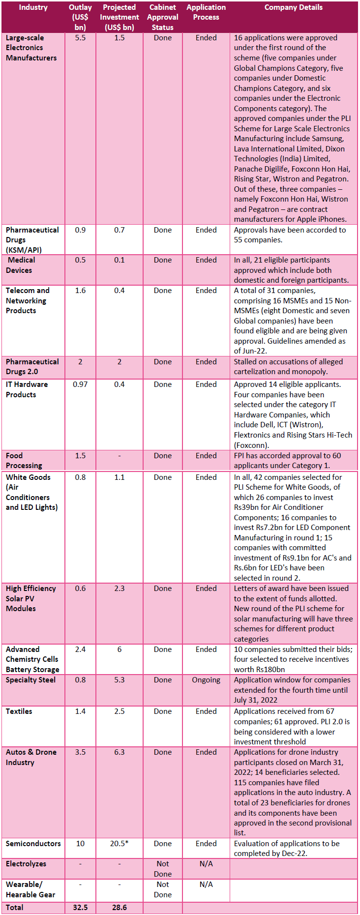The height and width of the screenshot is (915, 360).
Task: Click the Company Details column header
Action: pyautogui.click(x=293, y=7)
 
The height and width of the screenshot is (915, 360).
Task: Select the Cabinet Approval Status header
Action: pyautogui.click(x=162, y=17)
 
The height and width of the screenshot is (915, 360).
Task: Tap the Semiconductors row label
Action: pyautogui.click(x=33, y=843)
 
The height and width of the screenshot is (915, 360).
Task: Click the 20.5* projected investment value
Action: pyautogui.click(x=120, y=843)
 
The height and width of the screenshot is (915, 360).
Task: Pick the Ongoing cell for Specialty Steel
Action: pyautogui.click(x=206, y=679)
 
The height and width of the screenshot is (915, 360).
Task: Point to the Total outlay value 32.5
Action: pyautogui.click(x=80, y=907)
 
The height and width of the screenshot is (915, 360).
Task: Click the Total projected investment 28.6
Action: pyautogui.click(x=120, y=907)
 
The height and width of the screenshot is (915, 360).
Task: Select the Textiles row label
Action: pyautogui.click(x=19, y=711)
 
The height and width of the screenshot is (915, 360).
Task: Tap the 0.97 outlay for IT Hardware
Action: pyautogui.click(x=80, y=384)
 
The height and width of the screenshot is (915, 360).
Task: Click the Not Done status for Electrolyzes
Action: pyautogui.click(x=162, y=869)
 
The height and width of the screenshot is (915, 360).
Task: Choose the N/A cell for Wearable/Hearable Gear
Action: pyautogui.click(x=206, y=884)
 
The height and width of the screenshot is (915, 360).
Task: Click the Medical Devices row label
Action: pyautogui.click(x=20, y=265)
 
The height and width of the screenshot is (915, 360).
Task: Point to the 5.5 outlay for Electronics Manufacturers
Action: pyautogui.click(x=80, y=37)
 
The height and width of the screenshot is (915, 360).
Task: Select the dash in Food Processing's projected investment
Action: pyautogui.click(x=120, y=455)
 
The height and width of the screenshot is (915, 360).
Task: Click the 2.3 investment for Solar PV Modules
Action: pyautogui.click(x=120, y=588)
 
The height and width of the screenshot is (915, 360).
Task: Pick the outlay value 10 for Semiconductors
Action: pyautogui.click(x=80, y=843)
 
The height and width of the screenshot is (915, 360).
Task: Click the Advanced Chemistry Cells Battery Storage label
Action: pyautogui.click(x=32, y=659)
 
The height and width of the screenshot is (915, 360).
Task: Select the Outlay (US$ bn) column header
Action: pyautogui.click(x=80, y=17)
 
